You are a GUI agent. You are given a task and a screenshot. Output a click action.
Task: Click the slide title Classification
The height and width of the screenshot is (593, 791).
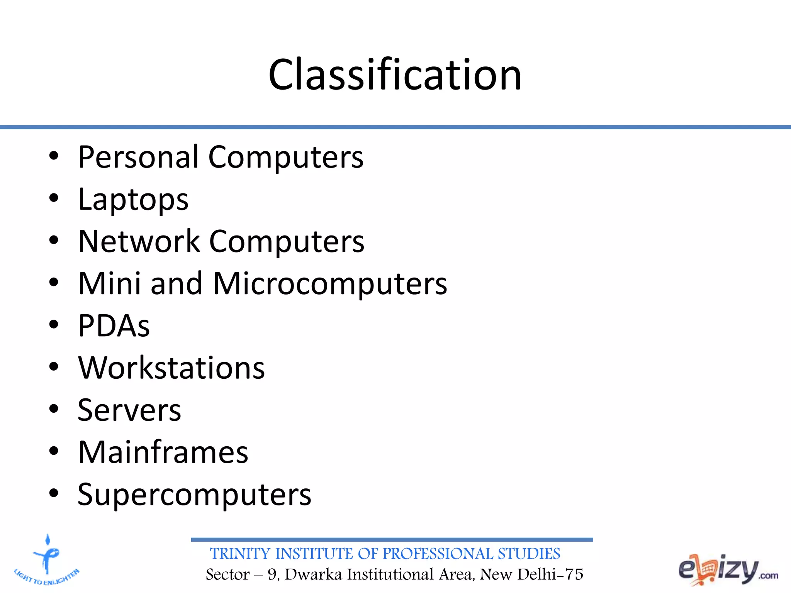pyautogui.click(x=395, y=75)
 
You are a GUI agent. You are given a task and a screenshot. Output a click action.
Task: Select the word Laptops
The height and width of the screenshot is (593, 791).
pyautogui.click(x=133, y=200)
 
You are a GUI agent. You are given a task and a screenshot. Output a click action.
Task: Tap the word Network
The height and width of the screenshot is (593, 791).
pyautogui.click(x=139, y=242)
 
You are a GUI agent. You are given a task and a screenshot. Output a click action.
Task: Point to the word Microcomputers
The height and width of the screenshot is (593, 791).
pyautogui.click(x=330, y=284)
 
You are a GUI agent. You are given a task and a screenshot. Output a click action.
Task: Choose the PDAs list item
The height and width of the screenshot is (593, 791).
pyautogui.click(x=114, y=326)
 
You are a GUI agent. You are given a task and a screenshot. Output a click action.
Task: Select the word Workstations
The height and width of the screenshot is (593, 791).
pyautogui.click(x=171, y=368)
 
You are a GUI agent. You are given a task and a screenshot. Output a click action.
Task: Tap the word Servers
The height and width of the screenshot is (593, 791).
pyautogui.click(x=129, y=410)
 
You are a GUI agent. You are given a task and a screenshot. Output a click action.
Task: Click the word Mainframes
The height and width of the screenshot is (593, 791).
pyautogui.click(x=163, y=452)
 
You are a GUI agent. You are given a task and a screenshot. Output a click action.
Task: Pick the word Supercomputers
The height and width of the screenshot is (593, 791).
pyautogui.click(x=194, y=495)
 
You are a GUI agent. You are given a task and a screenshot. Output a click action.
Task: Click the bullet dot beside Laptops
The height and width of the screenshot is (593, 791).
pyautogui.click(x=54, y=198)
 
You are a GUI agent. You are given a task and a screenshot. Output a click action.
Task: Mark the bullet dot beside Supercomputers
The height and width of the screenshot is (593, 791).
pyautogui.click(x=54, y=493)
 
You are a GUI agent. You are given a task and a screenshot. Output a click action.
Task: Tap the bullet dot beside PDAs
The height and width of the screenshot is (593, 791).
pyautogui.click(x=54, y=325)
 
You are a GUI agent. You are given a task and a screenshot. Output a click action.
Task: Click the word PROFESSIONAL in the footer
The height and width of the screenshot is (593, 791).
pyautogui.click(x=438, y=554)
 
